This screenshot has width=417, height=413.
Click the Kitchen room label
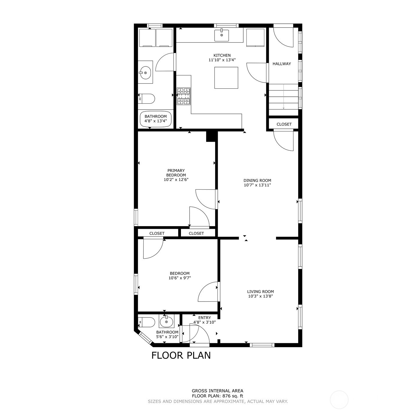(x=222, y=55)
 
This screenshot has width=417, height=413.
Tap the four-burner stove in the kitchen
(x=184, y=96)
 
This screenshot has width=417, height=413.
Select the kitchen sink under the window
(x=221, y=35)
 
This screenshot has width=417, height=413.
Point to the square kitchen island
(x=226, y=78)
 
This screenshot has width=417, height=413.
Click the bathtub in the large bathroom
(x=156, y=119)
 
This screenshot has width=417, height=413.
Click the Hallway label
(x=281, y=64)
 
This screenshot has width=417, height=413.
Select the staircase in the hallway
(x=283, y=100)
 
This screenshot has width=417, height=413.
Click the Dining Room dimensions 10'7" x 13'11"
(x=257, y=185)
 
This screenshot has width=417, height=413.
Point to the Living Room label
(x=260, y=291)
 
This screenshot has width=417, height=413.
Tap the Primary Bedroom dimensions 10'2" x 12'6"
(x=176, y=179)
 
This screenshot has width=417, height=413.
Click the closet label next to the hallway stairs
(x=284, y=124)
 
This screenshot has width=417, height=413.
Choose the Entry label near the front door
(x=205, y=318)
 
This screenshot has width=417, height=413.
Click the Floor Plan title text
(x=181, y=355)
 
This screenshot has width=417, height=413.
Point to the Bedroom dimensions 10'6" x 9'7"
(x=180, y=278)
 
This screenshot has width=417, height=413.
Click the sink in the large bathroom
(x=145, y=72)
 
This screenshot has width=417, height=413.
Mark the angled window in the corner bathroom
(x=145, y=338)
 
